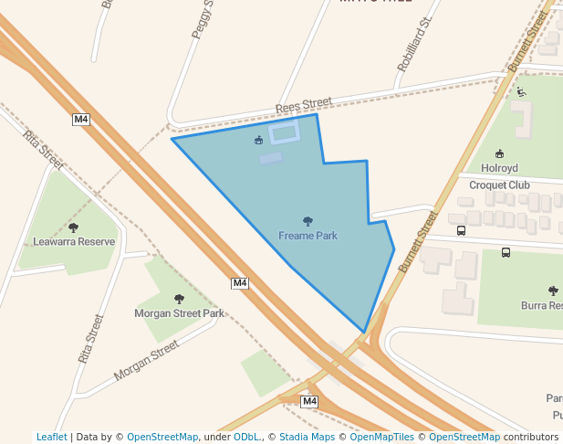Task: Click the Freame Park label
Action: click(308, 236)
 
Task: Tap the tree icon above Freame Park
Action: click(308, 221)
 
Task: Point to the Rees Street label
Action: click(304, 108)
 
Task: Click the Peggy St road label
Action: click(202, 19)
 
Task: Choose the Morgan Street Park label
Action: click(179, 313)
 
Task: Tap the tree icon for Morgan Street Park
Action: click(179, 299)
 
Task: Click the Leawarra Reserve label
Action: click(74, 242)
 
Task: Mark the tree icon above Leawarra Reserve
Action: click(74, 227)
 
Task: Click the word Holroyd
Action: click(499, 168)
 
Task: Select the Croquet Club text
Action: click(499, 185)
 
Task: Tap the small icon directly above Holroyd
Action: click(499, 153)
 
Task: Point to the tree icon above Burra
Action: click(553, 290)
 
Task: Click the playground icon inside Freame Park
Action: click(259, 141)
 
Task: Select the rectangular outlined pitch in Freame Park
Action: click(284, 133)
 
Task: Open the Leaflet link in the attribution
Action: click(51, 437)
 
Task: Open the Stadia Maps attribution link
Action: click(307, 437)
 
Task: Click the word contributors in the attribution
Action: click(531, 437)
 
